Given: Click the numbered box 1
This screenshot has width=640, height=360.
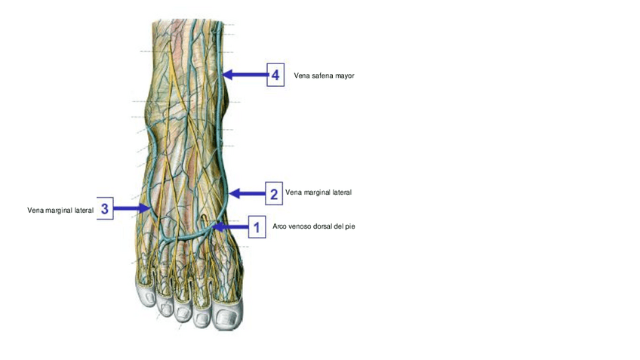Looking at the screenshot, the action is pos(257,226).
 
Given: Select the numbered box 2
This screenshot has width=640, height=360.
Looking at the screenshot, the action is pos(274,194).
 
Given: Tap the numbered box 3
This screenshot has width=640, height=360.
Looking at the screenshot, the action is pos(104,208).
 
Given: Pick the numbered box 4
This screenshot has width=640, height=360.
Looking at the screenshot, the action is pos(275,75).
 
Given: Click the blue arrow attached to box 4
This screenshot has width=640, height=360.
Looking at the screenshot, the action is pos(244,75).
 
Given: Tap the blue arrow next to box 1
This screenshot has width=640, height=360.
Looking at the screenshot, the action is pos(230,226).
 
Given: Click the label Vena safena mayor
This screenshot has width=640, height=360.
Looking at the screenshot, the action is pos(324,75).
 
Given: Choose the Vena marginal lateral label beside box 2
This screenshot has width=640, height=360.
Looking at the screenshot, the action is pos(318,193).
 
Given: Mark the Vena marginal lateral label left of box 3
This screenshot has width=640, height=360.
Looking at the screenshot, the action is pos(60,210).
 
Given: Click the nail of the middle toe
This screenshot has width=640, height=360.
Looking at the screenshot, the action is pos(182,311).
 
